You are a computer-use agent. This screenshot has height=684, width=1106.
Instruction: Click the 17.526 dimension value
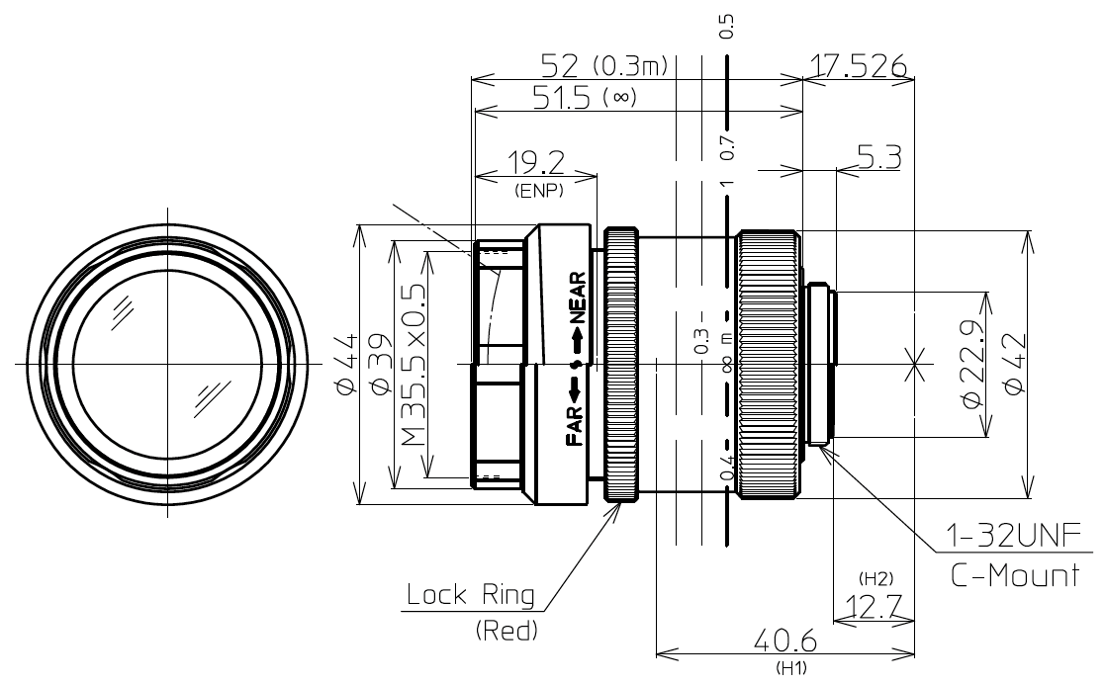pyautogui.click(x=858, y=66)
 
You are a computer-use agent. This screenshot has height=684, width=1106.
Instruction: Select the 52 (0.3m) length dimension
pyautogui.click(x=604, y=66)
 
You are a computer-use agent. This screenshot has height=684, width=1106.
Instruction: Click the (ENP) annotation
pyautogui.click(x=538, y=191)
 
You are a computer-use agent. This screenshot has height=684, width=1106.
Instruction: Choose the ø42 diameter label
pyautogui.click(x=1014, y=365)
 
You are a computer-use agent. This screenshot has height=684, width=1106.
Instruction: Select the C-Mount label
pyautogui.click(x=1015, y=576)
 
